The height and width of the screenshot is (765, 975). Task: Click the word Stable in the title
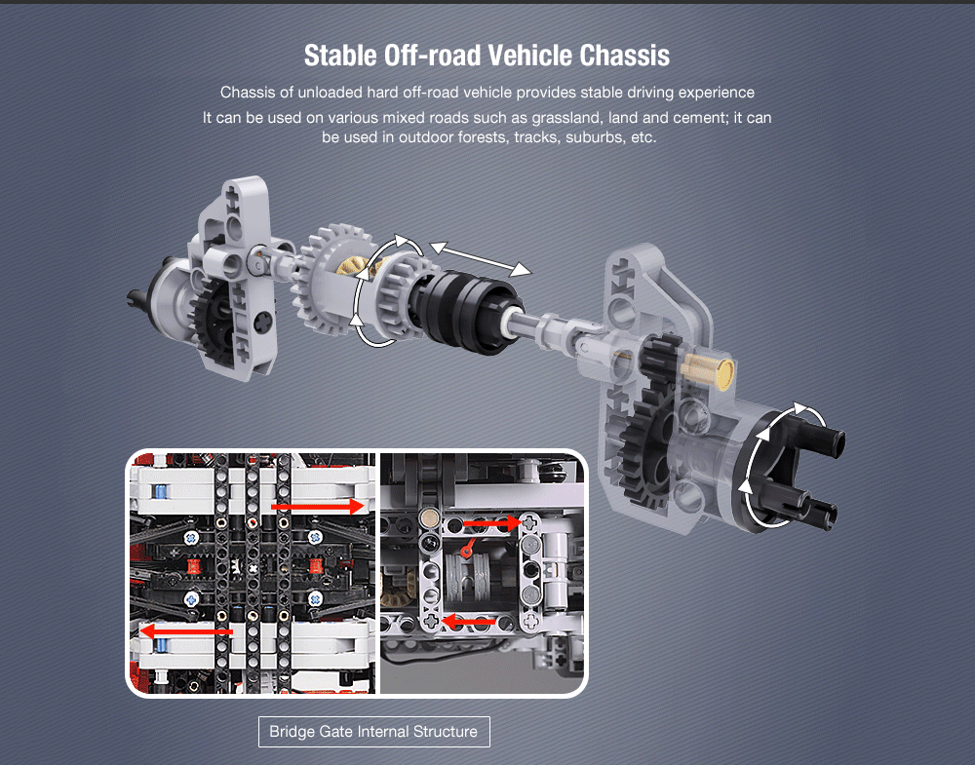340,56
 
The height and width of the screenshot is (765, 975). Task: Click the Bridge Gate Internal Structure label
373,732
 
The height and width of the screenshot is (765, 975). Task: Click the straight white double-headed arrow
481,258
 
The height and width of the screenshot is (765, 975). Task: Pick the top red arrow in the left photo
318,506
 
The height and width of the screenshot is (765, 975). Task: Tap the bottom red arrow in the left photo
186,631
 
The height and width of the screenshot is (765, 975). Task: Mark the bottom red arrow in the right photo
468,620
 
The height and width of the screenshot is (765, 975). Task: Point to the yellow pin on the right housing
708,369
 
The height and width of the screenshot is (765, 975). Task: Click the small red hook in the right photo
466,550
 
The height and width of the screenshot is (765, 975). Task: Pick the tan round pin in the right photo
428,517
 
